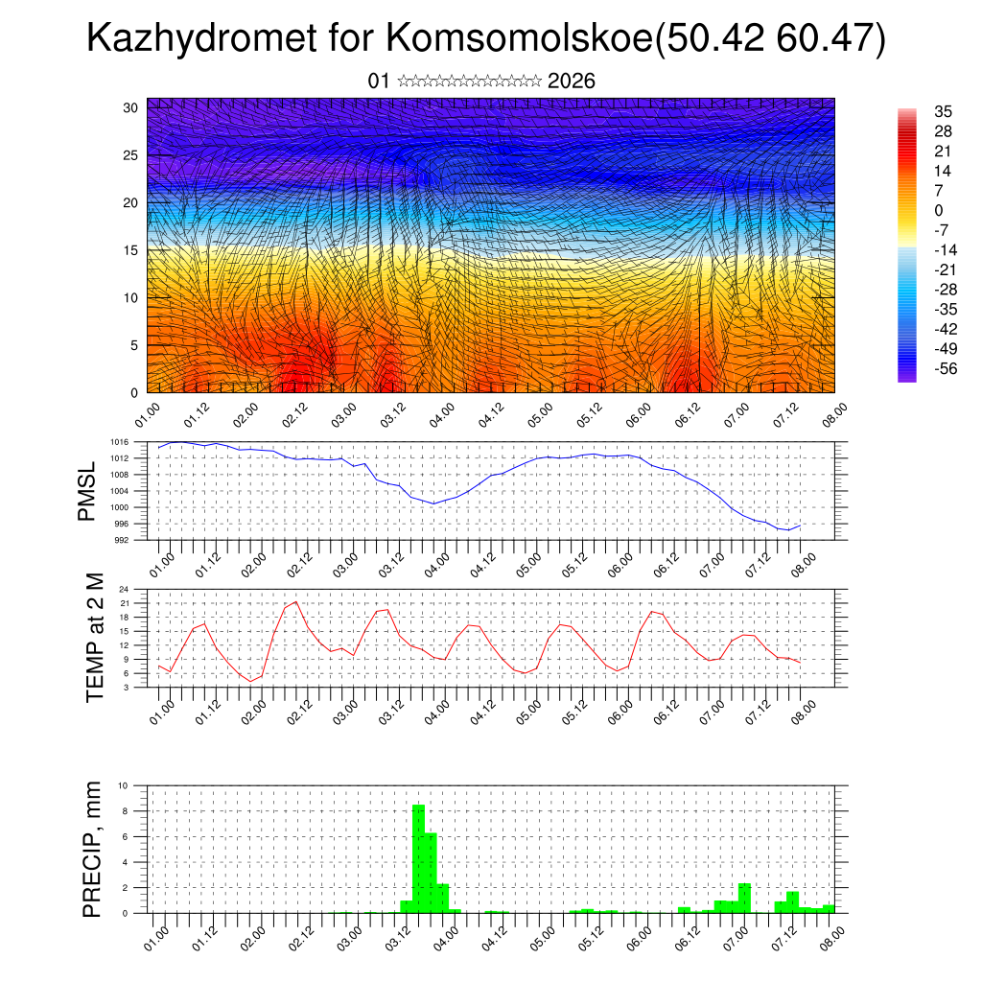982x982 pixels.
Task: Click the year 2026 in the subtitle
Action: (x=572, y=82)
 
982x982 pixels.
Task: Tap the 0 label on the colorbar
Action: (x=938, y=211)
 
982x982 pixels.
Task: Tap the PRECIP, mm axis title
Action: (x=93, y=849)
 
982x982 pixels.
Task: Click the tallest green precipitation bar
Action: (x=418, y=858)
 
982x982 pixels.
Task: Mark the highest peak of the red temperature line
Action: (x=295, y=601)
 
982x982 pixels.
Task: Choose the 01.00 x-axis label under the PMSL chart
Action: (x=163, y=560)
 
